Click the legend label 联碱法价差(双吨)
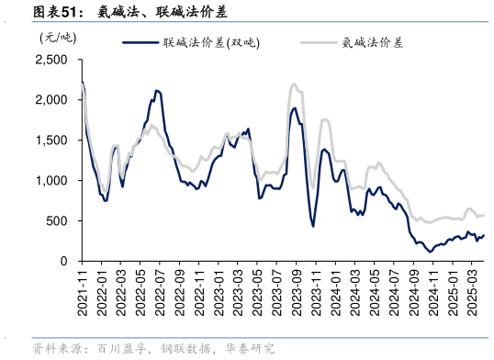click(210, 41)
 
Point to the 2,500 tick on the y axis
click(53, 60)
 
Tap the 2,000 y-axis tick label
click(53, 100)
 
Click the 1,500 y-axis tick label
click(53, 141)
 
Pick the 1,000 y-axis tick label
click(53, 181)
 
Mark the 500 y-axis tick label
click(59, 221)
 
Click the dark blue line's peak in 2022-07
click(157, 91)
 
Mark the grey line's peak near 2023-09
click(294, 84)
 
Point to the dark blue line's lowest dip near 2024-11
click(430, 252)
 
